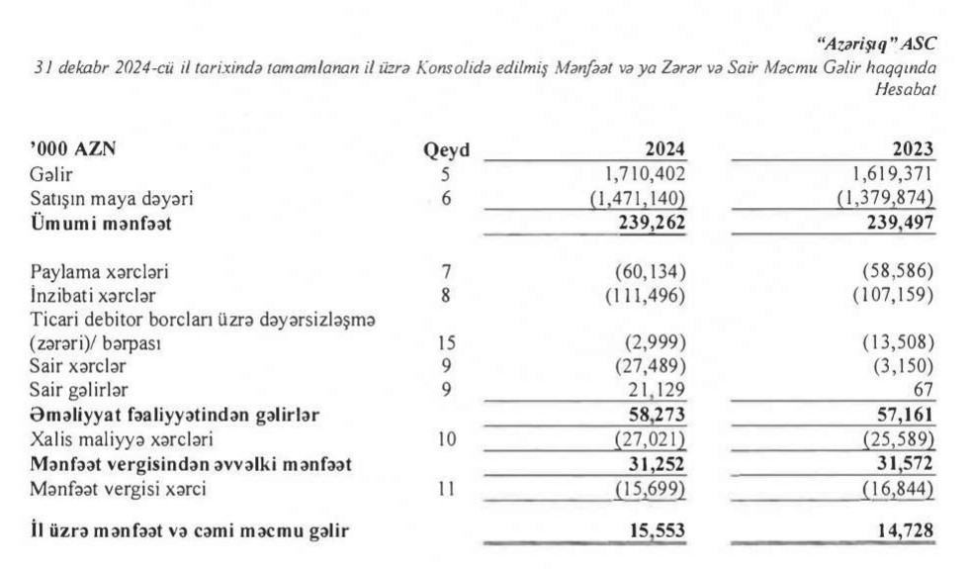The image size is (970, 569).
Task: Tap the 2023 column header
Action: click(x=913, y=150)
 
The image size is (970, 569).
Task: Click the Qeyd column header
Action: click(x=446, y=151)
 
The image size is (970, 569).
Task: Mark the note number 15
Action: click(x=446, y=342)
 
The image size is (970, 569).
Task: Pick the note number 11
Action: click(x=446, y=487)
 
